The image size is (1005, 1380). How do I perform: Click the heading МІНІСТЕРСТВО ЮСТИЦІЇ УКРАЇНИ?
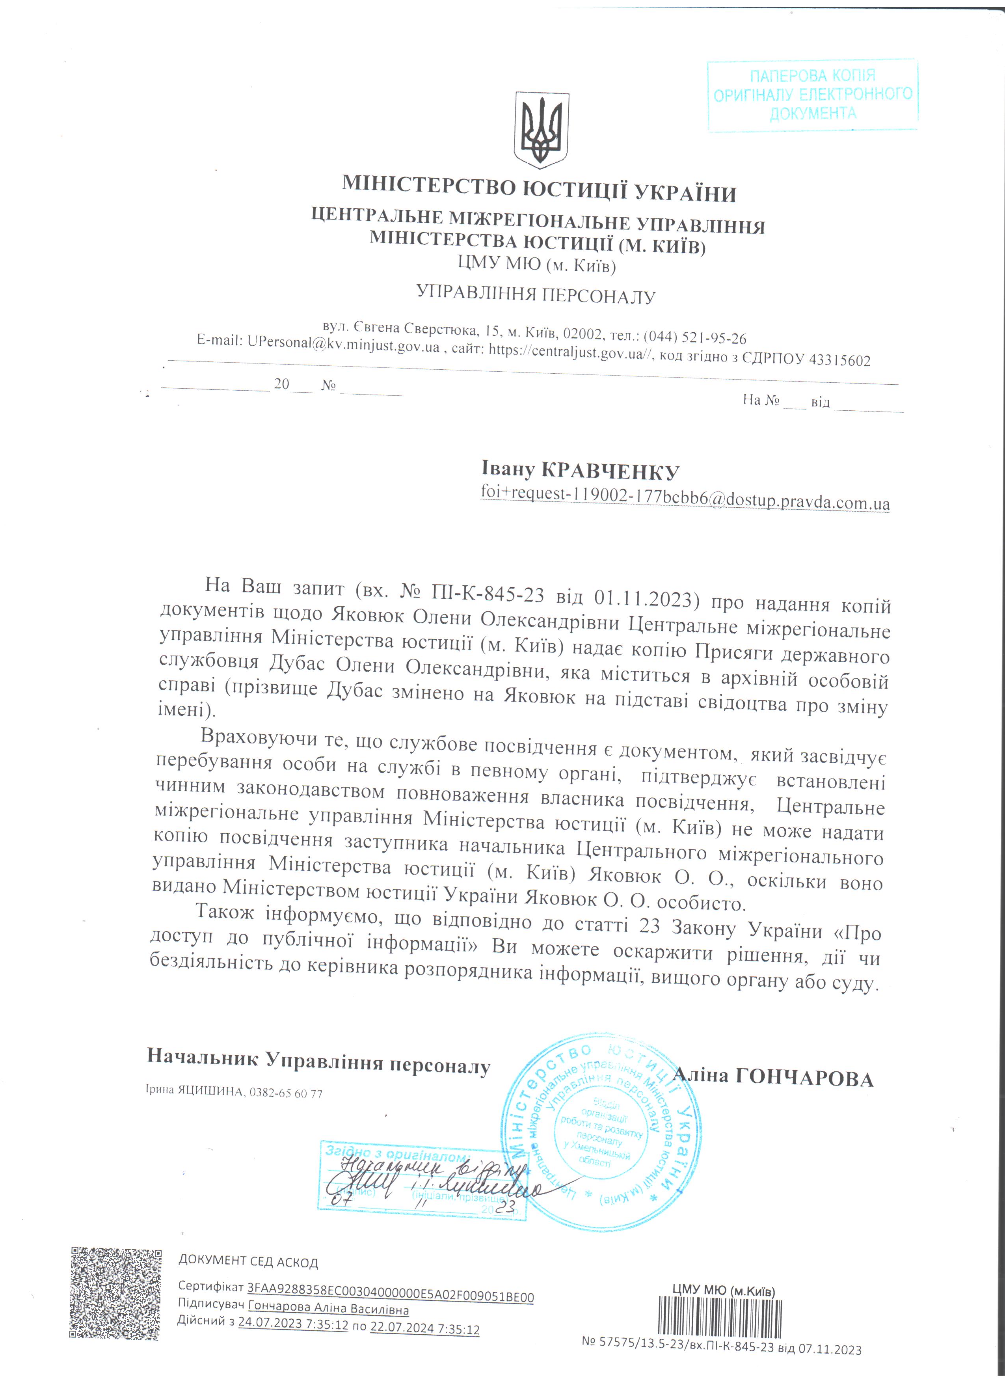[x=539, y=190]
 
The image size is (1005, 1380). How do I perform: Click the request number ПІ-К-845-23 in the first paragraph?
[x=487, y=594]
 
